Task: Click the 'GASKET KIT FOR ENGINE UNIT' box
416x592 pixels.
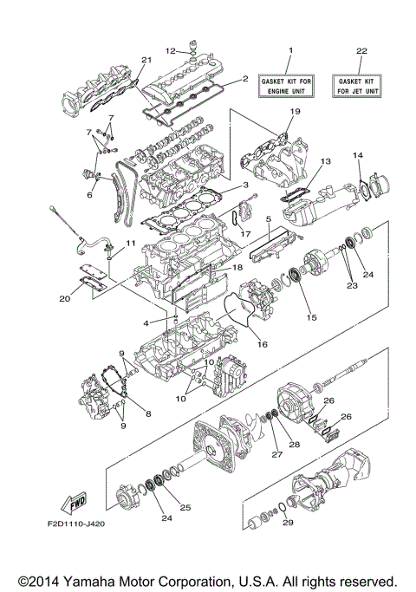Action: (290, 85)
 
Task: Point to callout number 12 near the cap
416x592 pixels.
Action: (171, 49)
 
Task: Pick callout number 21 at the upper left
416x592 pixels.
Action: (146, 58)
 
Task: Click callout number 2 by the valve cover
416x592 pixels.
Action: (245, 79)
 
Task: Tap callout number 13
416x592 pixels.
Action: (326, 161)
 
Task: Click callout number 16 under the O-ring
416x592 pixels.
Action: (261, 344)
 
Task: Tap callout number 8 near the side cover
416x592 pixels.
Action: (146, 414)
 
